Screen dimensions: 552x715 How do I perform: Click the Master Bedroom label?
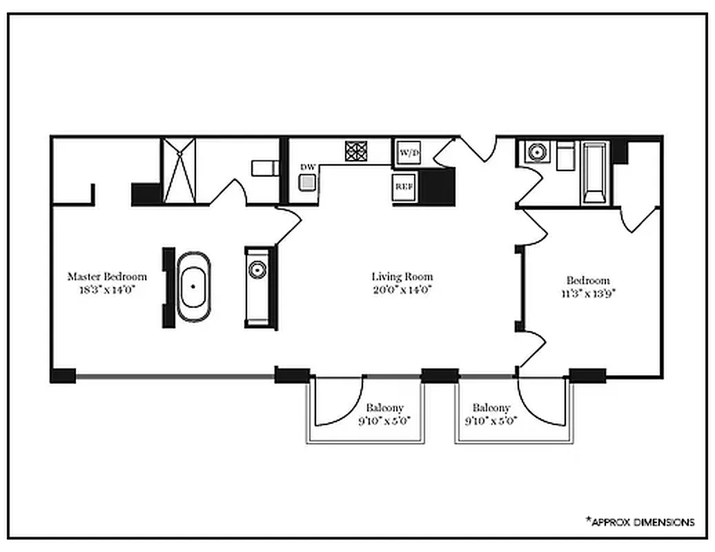pyautogui.click(x=107, y=277)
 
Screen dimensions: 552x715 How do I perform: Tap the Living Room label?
pyautogui.click(x=402, y=277)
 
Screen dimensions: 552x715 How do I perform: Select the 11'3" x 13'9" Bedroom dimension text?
pyautogui.click(x=588, y=293)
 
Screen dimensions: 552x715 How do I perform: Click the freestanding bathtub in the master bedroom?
pyautogui.click(x=193, y=287)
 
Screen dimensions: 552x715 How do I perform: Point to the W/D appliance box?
pyautogui.click(x=405, y=152)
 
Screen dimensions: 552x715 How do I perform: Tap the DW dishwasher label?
pyautogui.click(x=307, y=167)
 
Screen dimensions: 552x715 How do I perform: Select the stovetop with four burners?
pyautogui.click(x=356, y=151)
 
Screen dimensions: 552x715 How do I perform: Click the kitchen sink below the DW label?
pyautogui.click(x=307, y=182)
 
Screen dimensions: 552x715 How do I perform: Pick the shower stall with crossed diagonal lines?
pyautogui.click(x=179, y=170)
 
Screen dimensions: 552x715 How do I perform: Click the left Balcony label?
pyautogui.click(x=384, y=408)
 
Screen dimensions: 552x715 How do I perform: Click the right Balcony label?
pyautogui.click(x=491, y=408)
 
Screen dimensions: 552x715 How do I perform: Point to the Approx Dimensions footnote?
pyautogui.click(x=640, y=522)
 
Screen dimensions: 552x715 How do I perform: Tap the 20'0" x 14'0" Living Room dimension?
pyautogui.click(x=402, y=290)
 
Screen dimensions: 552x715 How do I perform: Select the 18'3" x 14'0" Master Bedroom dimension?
pyautogui.click(x=106, y=290)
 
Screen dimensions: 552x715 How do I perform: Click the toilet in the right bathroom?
pyautogui.click(x=566, y=157)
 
